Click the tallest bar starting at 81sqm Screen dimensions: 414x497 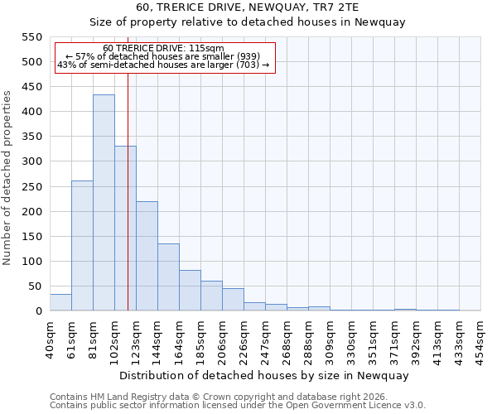click(x=104, y=203)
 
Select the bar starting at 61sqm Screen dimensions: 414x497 click(x=82, y=246)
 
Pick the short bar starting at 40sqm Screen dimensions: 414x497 click(x=60, y=303)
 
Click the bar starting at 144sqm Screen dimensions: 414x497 click(x=168, y=277)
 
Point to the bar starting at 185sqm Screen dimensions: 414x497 click(x=211, y=296)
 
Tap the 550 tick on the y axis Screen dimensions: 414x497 click(x=31, y=37)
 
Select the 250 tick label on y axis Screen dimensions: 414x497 click(x=31, y=187)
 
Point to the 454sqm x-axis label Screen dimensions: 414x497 click(x=481, y=339)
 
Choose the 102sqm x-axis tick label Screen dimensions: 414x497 click(x=114, y=339)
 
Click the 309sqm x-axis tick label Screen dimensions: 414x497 click(x=330, y=339)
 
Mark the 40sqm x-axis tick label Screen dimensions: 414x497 click(x=50, y=339)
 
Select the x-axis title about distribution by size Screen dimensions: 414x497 click(x=264, y=375)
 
